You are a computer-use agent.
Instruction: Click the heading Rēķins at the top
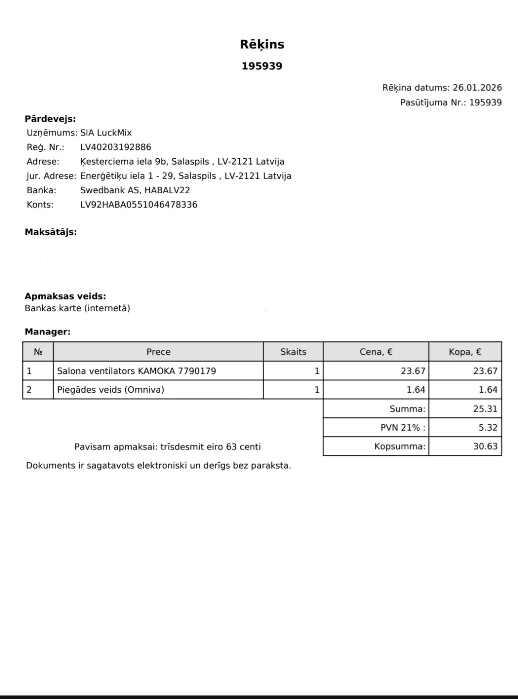point(262,44)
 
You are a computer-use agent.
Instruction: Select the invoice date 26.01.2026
point(477,88)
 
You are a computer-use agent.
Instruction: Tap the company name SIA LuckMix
point(106,133)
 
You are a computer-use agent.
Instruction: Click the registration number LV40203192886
point(116,147)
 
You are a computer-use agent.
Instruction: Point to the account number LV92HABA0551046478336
point(139,204)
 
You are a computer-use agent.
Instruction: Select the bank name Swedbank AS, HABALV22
point(135,190)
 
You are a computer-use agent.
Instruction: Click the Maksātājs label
point(50,232)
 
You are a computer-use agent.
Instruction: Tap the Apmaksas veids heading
point(65,296)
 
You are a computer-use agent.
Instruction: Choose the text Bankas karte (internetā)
point(77,308)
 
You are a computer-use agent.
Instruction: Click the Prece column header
point(158,352)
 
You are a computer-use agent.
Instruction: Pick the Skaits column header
point(293,352)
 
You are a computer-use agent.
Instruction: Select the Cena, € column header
point(376,352)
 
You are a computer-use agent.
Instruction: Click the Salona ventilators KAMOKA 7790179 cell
point(136,371)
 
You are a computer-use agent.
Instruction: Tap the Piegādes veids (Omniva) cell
point(111,390)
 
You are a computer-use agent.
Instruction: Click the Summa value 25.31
point(485,409)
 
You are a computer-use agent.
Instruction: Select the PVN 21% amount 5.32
point(487,428)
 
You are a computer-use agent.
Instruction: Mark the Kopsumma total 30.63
point(485,447)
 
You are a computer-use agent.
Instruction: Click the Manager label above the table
point(48,332)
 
